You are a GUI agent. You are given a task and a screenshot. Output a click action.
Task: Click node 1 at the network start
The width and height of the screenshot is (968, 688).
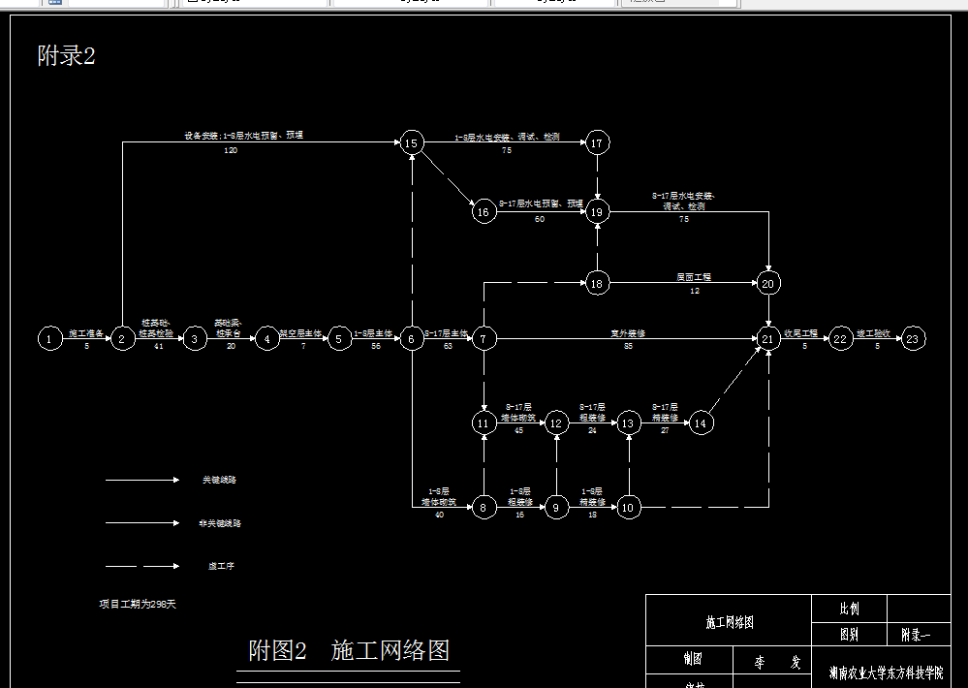point(48,338)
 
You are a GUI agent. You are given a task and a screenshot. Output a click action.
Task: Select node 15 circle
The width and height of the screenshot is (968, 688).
point(411,143)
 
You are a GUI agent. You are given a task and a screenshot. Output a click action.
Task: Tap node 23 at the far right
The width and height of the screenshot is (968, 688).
point(913,338)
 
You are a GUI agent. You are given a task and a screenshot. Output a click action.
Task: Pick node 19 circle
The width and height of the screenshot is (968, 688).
point(597,211)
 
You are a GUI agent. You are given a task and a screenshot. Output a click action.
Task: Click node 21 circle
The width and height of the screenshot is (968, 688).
point(768,338)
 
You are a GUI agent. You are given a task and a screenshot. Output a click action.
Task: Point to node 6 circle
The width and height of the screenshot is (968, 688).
point(411,338)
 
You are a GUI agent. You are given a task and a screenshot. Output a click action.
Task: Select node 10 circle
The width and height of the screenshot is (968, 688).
point(628,507)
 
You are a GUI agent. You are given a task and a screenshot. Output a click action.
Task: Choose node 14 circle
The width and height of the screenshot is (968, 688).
point(702,422)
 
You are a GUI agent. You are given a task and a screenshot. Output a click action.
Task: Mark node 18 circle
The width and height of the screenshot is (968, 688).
point(597,283)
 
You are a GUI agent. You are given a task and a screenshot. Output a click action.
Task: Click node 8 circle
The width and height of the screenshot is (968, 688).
point(484,507)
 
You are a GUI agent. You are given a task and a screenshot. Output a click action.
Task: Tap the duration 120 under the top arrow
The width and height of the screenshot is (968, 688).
point(231,151)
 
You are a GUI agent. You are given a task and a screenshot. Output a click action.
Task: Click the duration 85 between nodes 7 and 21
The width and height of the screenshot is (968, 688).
point(628,346)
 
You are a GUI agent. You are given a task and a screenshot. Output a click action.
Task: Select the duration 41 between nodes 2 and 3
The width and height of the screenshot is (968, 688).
point(158,346)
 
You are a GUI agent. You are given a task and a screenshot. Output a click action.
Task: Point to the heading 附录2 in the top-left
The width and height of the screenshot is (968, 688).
point(66,56)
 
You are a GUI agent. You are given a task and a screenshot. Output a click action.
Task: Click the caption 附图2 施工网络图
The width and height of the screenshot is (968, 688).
point(349,649)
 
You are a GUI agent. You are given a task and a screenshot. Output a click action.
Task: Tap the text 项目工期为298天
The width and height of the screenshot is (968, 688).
point(137,604)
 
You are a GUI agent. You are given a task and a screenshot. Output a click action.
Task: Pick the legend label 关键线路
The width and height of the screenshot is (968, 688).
point(219,480)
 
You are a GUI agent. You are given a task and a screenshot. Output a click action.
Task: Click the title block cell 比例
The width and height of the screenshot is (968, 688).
point(849,610)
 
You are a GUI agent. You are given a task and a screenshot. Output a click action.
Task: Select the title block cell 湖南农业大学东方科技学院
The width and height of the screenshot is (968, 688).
point(886,672)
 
